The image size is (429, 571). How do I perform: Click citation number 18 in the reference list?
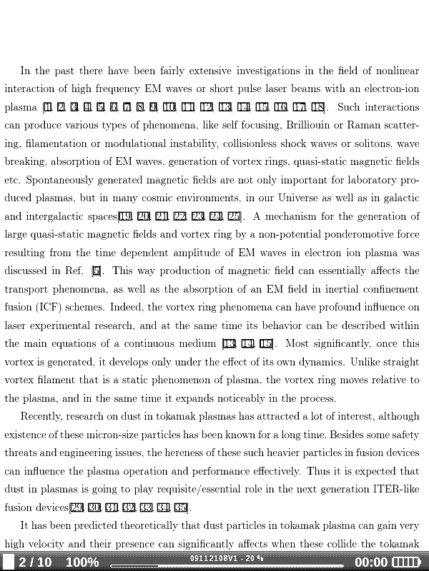click(x=318, y=108)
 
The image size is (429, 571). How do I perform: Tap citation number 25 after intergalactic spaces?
click(x=234, y=216)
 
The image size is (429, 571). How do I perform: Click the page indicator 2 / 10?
click(x=35, y=562)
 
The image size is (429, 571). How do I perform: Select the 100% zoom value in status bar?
click(x=82, y=562)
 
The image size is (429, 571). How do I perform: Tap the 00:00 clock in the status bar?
click(x=371, y=562)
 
